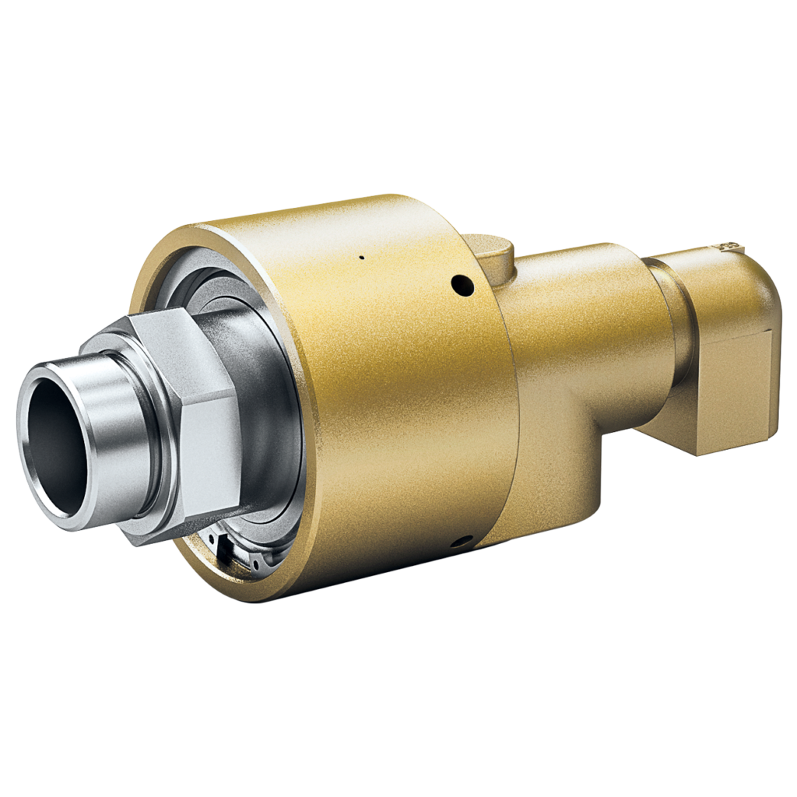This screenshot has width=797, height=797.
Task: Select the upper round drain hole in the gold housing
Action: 463,285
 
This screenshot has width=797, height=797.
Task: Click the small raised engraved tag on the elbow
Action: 729,248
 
